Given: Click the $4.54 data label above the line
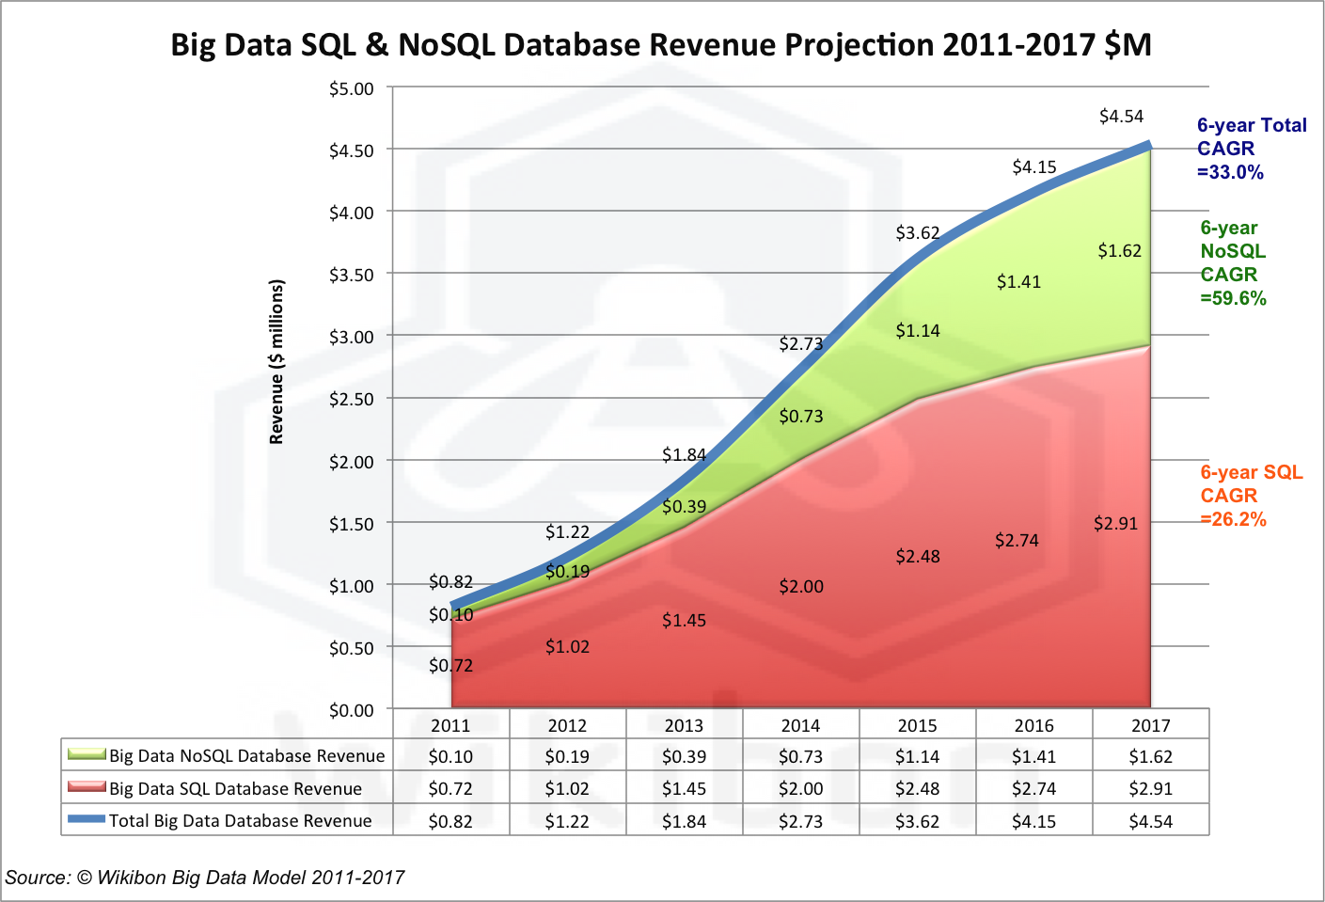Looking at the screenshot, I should pos(1121,117).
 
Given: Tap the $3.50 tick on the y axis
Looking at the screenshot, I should pos(351,275).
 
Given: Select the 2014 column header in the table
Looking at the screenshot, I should pos(800,725).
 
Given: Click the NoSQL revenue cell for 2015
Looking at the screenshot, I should pos(917,756).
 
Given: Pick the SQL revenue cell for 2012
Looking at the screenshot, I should pos(567,789).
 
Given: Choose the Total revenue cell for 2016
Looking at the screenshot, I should pos(1033,821).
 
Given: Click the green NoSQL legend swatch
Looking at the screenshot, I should pos(87,754).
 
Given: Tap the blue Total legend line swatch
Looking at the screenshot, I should pos(87,819).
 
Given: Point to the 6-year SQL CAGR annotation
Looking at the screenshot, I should pos(1251,496).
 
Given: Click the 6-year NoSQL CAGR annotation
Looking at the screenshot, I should pos(1233,263).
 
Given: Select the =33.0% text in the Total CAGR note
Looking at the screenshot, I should pos(1230,172).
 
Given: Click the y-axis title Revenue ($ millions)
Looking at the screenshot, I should pos(276,362).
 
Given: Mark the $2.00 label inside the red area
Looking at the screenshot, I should pos(801,587).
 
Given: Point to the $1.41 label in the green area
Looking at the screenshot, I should pos(1018,282).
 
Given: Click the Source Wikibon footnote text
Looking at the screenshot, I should pos(205,878).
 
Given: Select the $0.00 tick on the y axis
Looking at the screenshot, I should pos(351,710).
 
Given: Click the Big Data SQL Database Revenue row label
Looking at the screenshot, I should pos(235,789).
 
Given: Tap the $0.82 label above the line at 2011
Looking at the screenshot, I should pos(450,582).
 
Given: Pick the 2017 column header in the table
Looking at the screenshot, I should pos(1150,725).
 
